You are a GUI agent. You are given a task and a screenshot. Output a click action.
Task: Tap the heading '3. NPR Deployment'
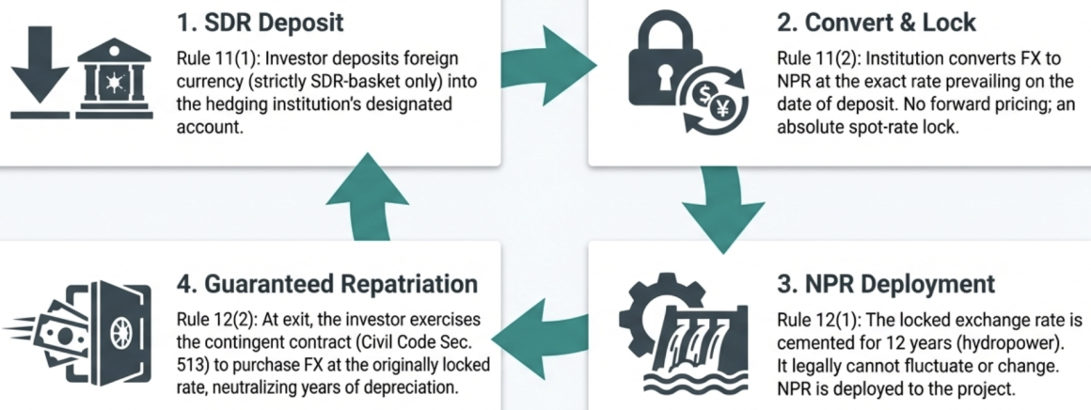click(x=886, y=282)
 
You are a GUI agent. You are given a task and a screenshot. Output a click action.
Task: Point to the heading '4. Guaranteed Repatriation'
click(x=328, y=282)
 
